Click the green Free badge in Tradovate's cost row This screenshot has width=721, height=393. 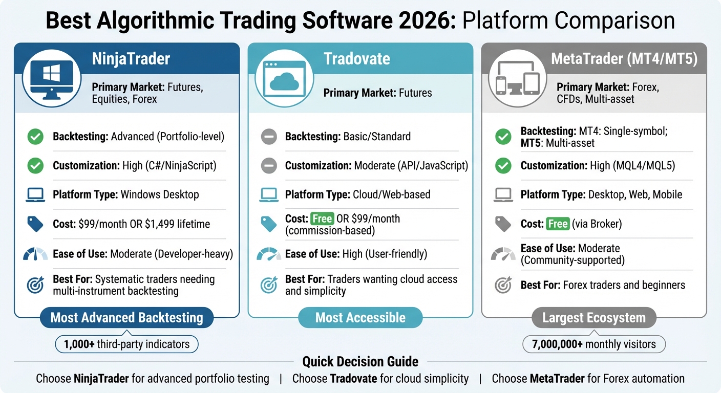(322, 219)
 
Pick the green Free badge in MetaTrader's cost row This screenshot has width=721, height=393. (558, 224)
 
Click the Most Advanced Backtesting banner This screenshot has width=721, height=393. (126, 318)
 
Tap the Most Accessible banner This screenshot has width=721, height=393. (360, 318)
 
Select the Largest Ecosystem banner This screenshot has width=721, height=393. (593, 318)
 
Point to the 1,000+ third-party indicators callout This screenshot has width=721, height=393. (126, 344)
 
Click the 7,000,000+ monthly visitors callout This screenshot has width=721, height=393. (593, 344)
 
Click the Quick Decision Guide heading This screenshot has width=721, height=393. (360, 362)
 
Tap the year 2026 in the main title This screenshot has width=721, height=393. (428, 21)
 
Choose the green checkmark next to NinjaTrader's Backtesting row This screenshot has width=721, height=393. (35, 137)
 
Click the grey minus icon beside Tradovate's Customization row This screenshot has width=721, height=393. (269, 166)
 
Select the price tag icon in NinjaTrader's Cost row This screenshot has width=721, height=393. (35, 224)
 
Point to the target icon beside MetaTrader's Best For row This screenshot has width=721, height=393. (503, 285)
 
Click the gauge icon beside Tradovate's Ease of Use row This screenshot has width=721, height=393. (269, 254)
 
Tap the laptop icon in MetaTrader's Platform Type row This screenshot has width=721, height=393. (503, 194)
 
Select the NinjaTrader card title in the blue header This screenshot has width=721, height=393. (131, 58)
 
